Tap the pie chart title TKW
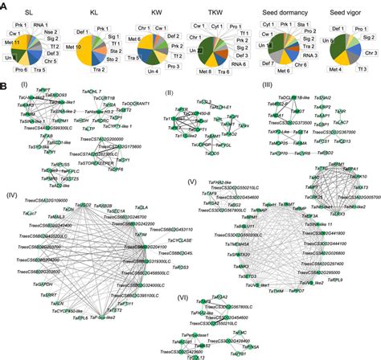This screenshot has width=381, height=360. pos(214,13)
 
